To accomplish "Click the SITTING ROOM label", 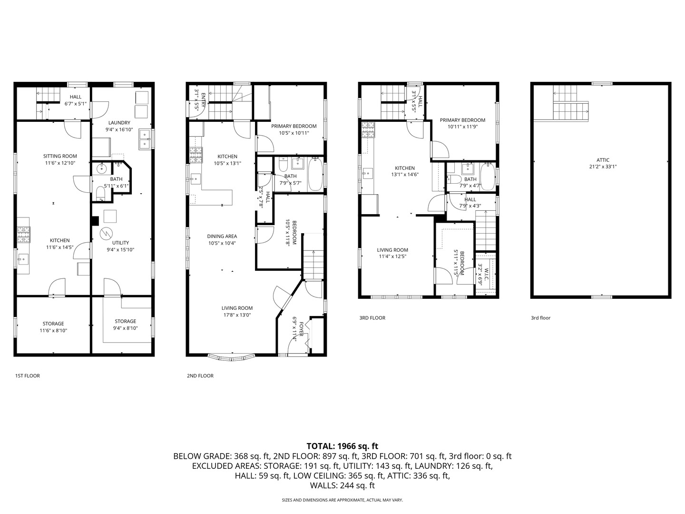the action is tap(60, 156).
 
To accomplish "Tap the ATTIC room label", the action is tap(603, 160).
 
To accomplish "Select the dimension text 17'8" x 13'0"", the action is tap(237, 315).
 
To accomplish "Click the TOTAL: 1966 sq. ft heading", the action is tap(342, 446).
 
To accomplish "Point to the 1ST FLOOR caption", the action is tap(28, 376).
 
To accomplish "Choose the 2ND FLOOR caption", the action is tap(200, 376).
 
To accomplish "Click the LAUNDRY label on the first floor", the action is tap(119, 123).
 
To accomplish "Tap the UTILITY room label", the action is tap(120, 243).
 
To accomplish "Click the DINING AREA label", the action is tap(222, 236).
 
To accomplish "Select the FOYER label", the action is tap(301, 329).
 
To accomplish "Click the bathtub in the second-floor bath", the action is tap(315, 174).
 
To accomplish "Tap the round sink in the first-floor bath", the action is tap(102, 169).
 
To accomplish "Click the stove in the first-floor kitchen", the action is tap(24, 235).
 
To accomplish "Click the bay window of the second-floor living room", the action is tap(231, 357).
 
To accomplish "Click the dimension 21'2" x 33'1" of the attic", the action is tap(603, 167).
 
